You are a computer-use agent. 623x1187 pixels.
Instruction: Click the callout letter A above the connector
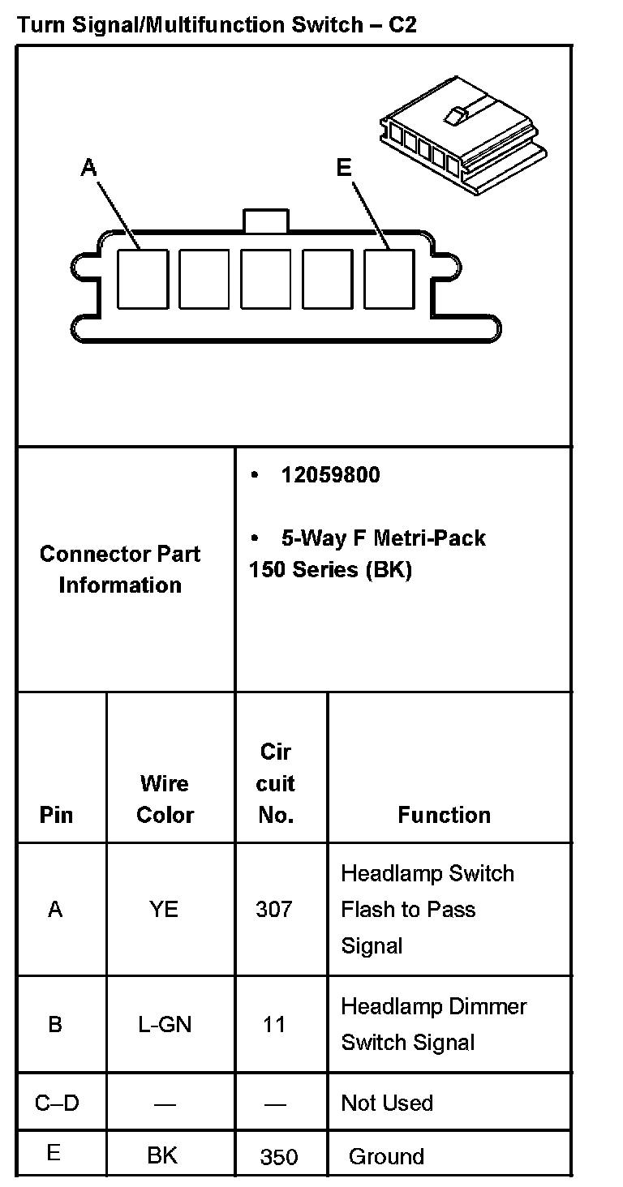tap(89, 168)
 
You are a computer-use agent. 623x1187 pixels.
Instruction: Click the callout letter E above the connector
tap(344, 168)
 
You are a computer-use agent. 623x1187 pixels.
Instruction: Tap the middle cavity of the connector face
tap(266, 279)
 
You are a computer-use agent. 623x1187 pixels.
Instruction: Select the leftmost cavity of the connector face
tap(143, 279)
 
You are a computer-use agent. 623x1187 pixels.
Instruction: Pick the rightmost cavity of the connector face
tap(389, 279)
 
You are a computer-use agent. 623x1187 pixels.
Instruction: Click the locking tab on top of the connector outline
tap(266, 221)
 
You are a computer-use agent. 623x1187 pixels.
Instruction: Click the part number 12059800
tap(330, 475)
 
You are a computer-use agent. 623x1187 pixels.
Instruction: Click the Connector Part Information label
tap(120, 569)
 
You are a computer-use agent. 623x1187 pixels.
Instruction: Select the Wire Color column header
tap(165, 799)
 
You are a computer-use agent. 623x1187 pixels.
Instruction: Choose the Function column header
tap(444, 815)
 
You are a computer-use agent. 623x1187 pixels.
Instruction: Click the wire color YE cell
tap(164, 910)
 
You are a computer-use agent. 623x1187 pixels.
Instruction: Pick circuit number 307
tap(274, 910)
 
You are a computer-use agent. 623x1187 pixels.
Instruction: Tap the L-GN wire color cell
tap(165, 1025)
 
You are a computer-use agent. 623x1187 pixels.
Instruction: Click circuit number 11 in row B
tap(274, 1025)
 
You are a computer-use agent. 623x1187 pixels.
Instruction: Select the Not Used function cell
tap(387, 1103)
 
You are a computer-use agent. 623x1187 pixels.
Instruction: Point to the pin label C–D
tap(57, 1103)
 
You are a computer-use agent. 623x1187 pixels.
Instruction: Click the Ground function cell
tap(386, 1156)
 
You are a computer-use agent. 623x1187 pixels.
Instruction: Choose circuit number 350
tap(279, 1157)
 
